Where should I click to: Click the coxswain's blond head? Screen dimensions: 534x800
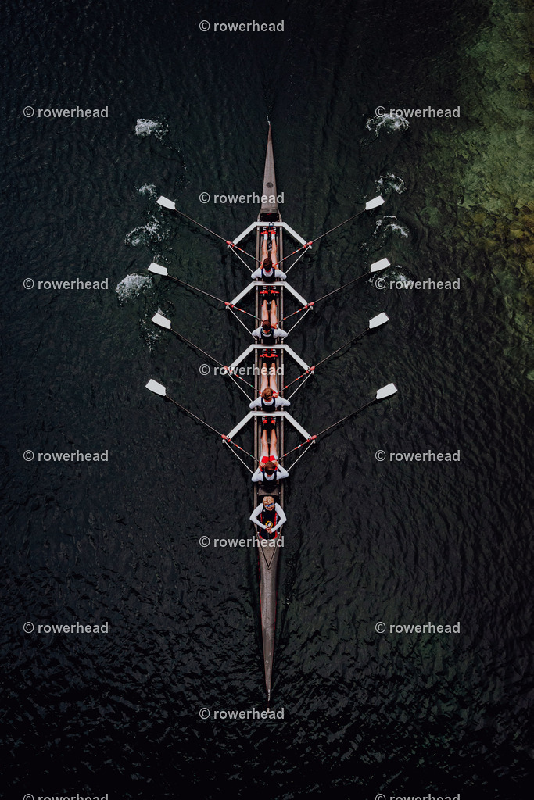coord(268,502)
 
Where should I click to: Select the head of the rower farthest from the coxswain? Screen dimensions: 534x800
coord(267,264)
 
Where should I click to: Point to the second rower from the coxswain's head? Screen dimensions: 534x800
coord(267,394)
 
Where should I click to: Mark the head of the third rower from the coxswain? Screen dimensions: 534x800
coord(267,324)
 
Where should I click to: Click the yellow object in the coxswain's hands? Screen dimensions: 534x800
coord(269,524)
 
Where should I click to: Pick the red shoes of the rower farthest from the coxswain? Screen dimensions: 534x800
coord(269,232)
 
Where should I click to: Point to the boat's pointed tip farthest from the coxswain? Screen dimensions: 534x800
coord(268,123)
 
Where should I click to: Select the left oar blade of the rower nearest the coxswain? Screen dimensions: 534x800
coord(156,387)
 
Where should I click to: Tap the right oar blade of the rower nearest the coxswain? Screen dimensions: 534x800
coord(386,391)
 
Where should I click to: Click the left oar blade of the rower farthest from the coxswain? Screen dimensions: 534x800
coord(166,202)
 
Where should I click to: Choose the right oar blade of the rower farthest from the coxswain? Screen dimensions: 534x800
coord(375,202)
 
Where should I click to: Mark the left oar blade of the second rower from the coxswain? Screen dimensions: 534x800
coord(161,321)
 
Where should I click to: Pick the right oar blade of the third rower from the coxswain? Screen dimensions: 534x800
coord(380,265)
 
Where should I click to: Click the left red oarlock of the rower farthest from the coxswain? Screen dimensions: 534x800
coord(229,244)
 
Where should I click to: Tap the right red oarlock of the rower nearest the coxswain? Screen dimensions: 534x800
coord(312,438)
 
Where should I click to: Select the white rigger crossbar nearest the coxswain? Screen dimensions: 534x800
coord(268,414)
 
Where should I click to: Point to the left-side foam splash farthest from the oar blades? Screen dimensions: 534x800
coord(149,127)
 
